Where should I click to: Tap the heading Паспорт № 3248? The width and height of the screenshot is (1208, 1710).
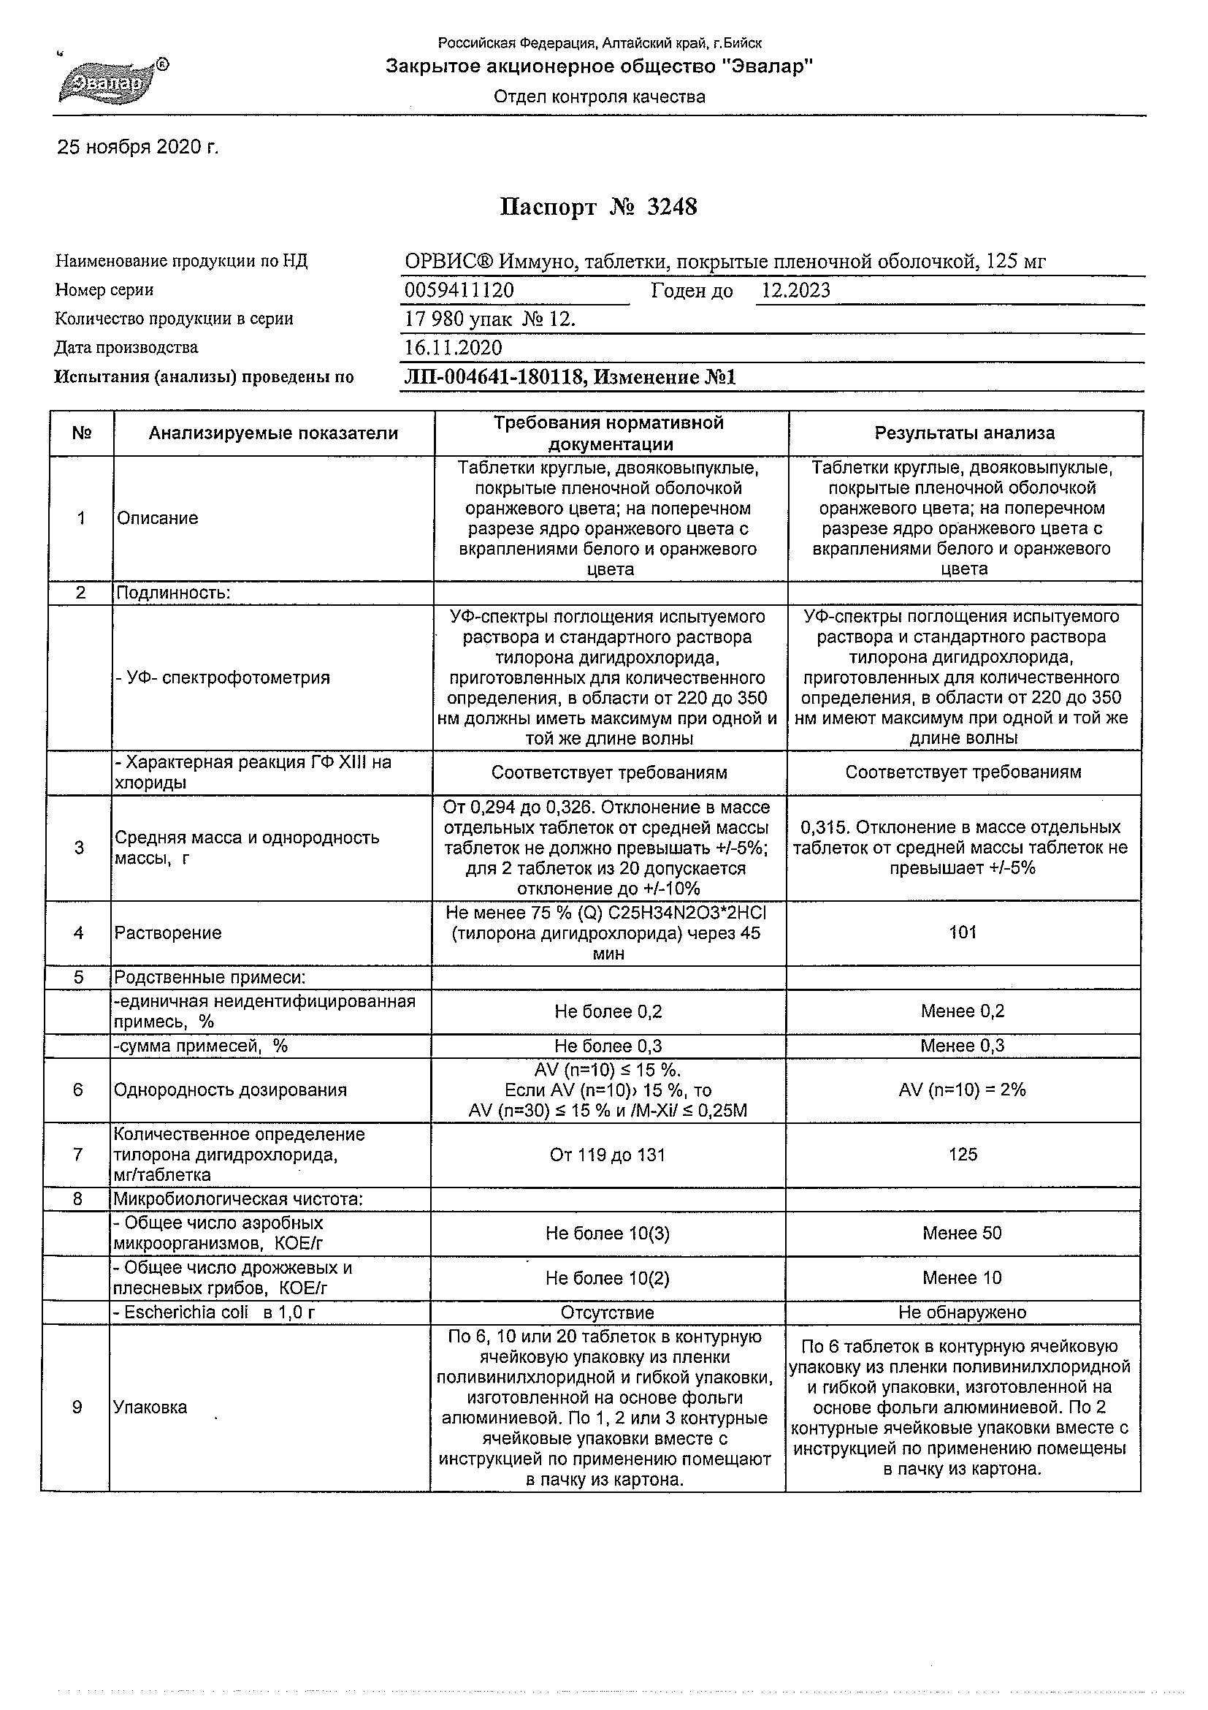(598, 206)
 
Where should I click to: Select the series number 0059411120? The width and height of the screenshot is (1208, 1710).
(459, 290)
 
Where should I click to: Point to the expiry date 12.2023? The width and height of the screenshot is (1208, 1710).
(795, 290)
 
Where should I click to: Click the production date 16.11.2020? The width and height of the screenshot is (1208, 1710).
(453, 348)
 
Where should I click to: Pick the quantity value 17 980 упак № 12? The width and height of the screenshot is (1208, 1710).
(490, 319)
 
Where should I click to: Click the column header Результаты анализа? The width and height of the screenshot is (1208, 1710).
(964, 433)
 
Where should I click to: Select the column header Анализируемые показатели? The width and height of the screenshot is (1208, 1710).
(273, 433)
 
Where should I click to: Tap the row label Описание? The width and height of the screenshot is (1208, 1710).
(158, 518)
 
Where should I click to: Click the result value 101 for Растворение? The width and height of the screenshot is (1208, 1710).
(963, 932)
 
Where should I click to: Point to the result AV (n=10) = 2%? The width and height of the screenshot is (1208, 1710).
(963, 1090)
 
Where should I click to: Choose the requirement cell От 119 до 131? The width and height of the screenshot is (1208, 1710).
(608, 1155)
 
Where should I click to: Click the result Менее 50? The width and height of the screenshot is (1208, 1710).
(962, 1234)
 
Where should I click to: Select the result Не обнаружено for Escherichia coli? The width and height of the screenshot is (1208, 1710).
(962, 1312)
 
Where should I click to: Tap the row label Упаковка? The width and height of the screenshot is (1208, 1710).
(150, 1407)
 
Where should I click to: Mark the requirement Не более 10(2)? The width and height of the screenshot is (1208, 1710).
(608, 1278)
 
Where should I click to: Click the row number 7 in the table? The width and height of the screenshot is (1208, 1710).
(78, 1155)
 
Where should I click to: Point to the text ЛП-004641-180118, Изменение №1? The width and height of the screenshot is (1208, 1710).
(570, 377)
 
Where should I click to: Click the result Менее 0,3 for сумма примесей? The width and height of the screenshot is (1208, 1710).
(962, 1046)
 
